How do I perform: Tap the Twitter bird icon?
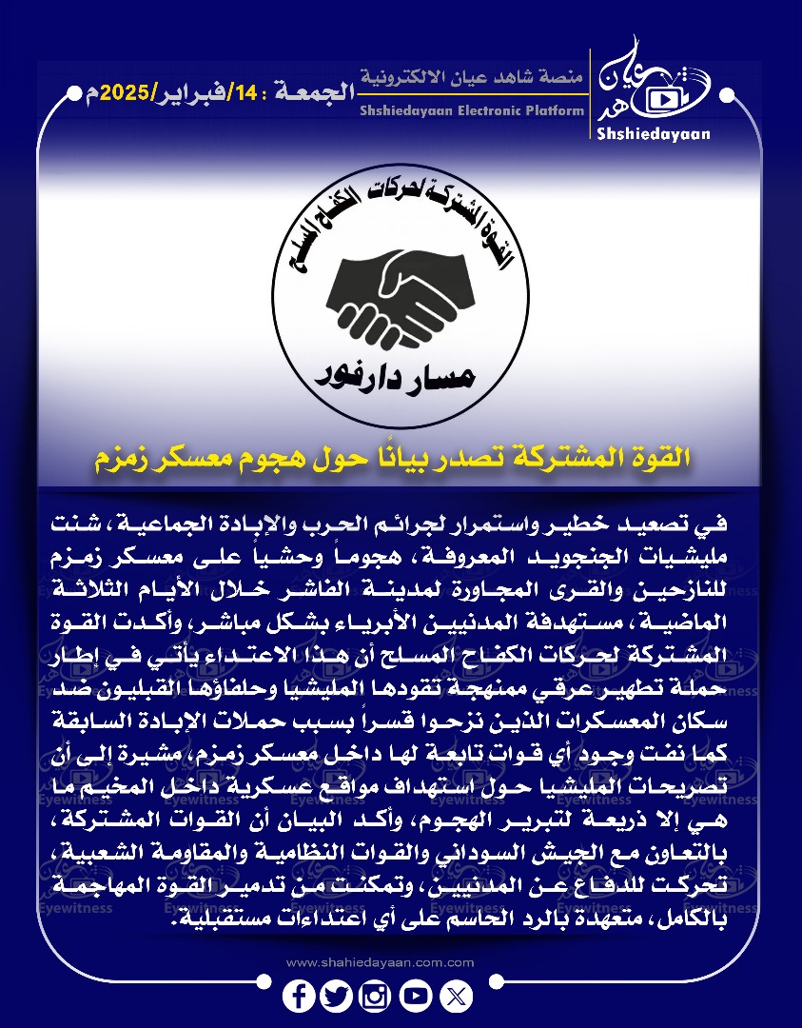coord(337,996)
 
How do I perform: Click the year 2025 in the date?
coord(127,93)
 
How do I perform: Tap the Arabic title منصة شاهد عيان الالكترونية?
coord(474,75)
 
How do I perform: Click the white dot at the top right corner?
coord(728,95)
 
